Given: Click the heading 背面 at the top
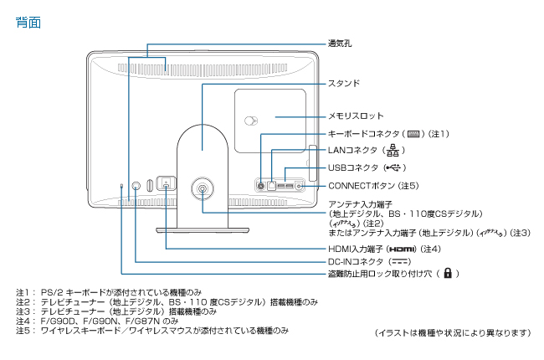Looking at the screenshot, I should pos(28,23).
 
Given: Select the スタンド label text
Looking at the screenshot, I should pos(344,83).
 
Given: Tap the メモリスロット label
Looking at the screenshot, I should pos(356,116).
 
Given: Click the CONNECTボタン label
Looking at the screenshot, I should pos(362,184).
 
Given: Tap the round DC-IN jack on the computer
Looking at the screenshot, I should pos(136,186).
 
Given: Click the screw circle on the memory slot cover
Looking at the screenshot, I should pos(249,120).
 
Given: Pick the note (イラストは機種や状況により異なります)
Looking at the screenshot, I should pos(453,332).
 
